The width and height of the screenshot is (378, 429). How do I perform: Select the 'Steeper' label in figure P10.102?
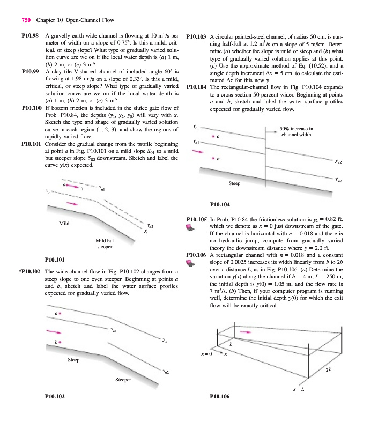point(123,380)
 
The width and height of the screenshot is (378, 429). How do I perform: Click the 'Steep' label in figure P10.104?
point(235,183)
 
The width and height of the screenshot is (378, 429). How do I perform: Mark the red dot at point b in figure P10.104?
point(213,158)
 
